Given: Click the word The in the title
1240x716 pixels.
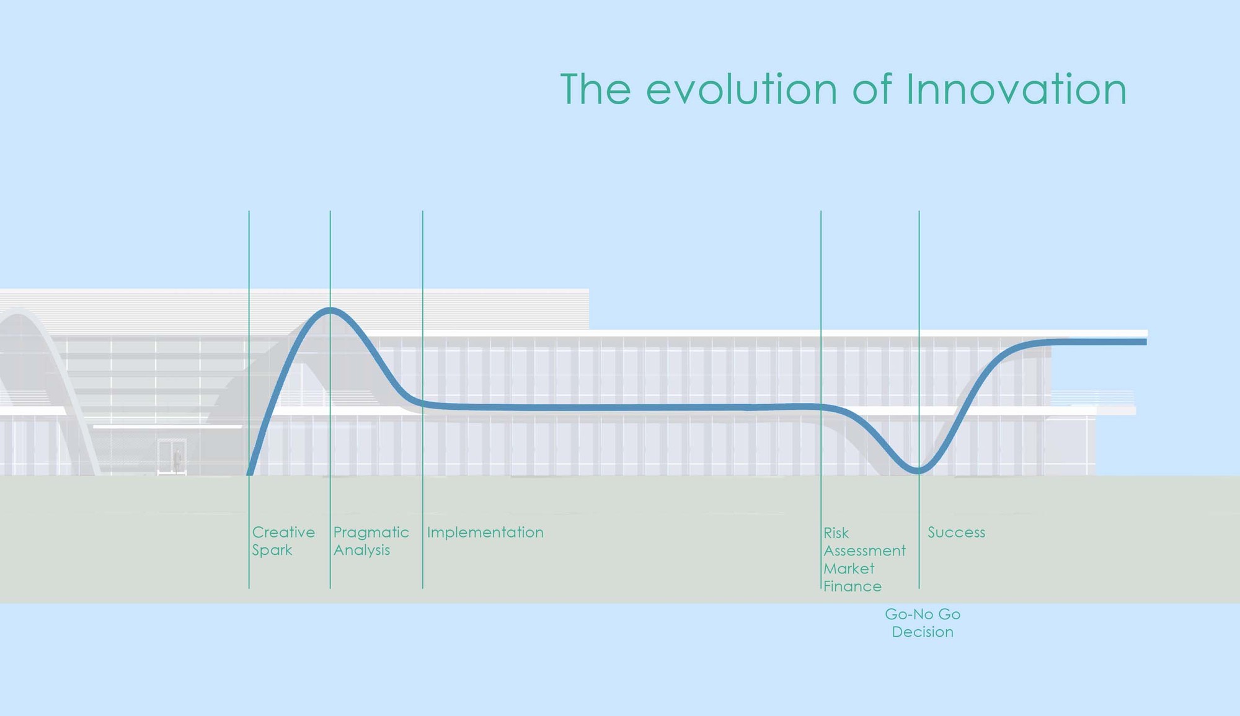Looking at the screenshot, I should (x=595, y=90).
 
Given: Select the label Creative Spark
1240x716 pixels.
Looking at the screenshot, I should (x=283, y=541).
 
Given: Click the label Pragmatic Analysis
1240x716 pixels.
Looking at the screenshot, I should (x=371, y=541).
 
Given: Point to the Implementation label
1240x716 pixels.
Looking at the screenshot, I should (x=485, y=533).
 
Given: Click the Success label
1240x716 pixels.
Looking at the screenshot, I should (x=956, y=533).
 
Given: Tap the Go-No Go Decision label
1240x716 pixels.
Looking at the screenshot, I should (x=923, y=623).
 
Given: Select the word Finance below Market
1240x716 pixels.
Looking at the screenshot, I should (x=852, y=586).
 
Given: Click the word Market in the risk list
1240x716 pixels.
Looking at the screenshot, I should (x=849, y=568).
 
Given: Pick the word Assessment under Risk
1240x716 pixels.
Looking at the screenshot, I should (x=864, y=550).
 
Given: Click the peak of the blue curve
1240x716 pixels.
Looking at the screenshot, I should (x=330, y=310).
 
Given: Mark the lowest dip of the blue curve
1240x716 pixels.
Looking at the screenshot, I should (x=918, y=471).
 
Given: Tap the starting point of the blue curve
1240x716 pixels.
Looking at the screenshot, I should (x=250, y=473).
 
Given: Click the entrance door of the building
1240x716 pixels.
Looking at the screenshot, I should (x=172, y=457).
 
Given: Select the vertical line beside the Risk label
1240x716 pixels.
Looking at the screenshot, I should (x=821, y=310).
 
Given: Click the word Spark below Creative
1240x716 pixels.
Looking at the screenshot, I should (x=272, y=550).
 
